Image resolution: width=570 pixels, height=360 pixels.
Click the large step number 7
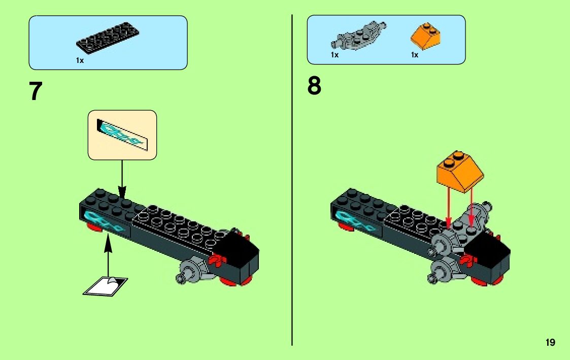click(x=36, y=91)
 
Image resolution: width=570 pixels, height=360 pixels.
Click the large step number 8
click(x=314, y=86)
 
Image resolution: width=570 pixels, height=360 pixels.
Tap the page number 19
click(x=550, y=343)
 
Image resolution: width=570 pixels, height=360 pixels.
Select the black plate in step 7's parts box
click(x=108, y=39)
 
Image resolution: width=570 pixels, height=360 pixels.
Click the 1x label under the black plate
click(x=80, y=60)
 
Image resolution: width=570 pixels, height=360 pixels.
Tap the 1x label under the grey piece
click(x=334, y=54)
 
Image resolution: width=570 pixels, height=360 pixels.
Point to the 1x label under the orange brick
click(x=415, y=54)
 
